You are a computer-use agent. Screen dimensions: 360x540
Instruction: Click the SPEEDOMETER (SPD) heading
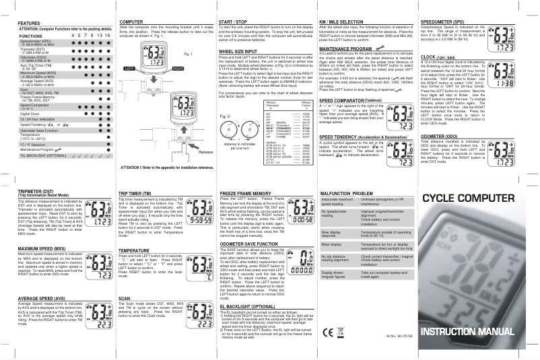click(444, 22)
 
